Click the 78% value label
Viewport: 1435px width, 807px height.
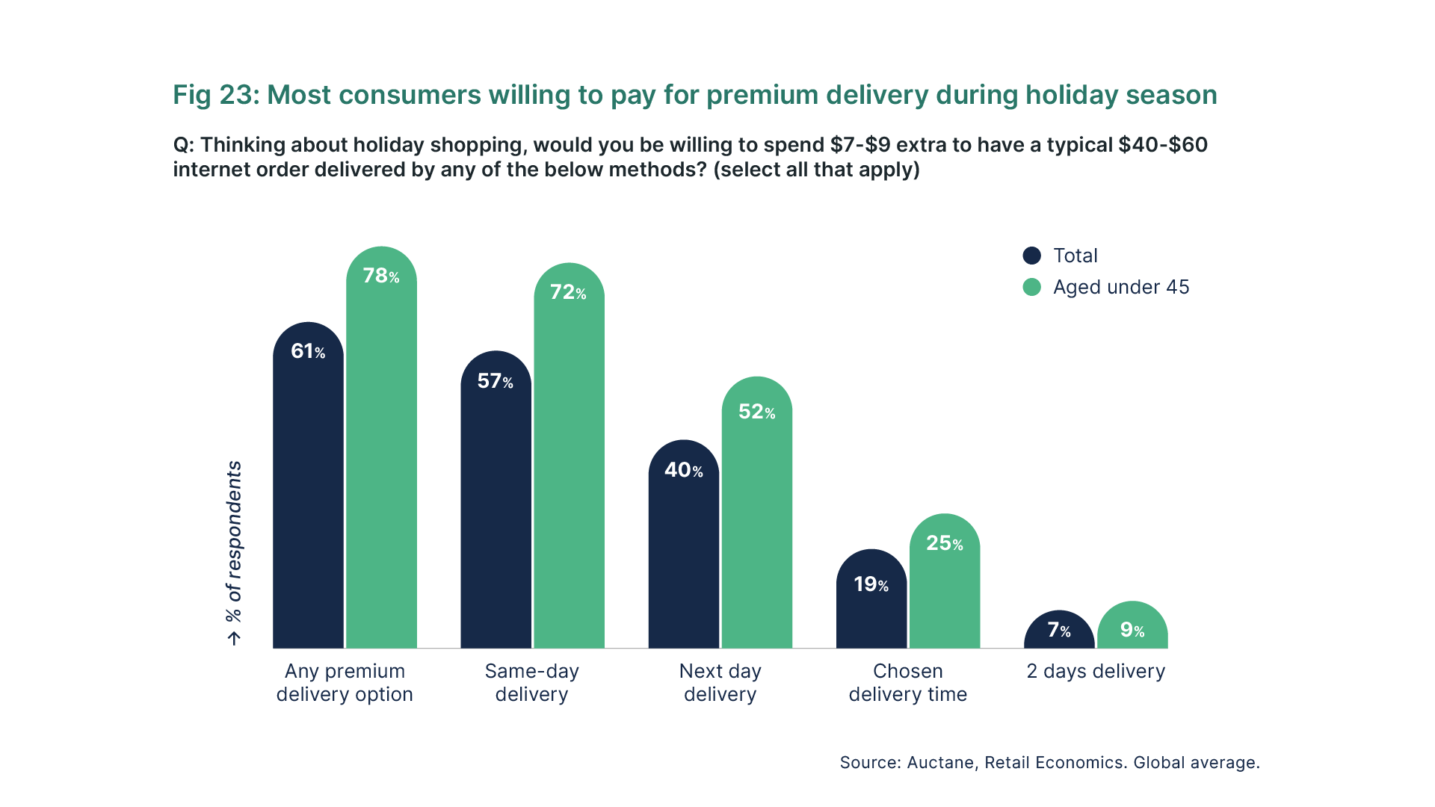[x=380, y=276]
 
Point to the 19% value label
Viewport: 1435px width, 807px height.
[x=871, y=584]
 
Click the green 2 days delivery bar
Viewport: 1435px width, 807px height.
[x=1132, y=635]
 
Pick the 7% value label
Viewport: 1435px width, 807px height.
[x=1058, y=630]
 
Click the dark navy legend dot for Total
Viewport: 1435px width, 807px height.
[x=1031, y=256]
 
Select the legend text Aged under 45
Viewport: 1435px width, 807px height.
[x=1120, y=287]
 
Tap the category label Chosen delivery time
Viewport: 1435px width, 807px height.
[x=907, y=682]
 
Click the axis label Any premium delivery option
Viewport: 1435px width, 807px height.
[x=345, y=682]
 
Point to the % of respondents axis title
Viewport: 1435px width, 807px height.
[x=234, y=541]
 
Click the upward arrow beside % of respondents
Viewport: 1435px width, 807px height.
[x=235, y=638]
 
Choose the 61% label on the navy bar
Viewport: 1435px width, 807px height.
[x=307, y=351]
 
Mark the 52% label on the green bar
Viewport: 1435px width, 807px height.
[x=756, y=412]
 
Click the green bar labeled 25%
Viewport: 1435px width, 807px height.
[x=945, y=598]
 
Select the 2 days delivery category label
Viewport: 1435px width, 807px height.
[x=1096, y=671]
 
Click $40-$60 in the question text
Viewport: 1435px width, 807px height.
[x=1162, y=144]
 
